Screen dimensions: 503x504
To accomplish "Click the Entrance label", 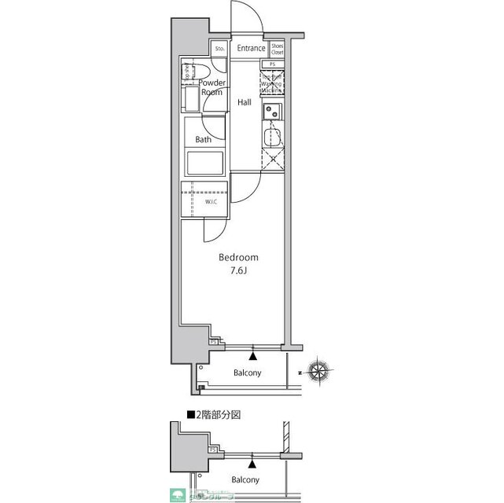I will click(252, 49).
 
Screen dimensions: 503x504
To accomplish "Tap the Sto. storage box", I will click(219, 49).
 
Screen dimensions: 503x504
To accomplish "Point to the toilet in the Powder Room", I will click(189, 73).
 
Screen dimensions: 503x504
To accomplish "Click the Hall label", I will click(245, 101).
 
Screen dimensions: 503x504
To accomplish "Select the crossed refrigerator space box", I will click(272, 160).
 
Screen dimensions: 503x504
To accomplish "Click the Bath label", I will click(203, 140).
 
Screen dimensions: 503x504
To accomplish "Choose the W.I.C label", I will click(211, 202).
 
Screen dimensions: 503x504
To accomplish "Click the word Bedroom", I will click(239, 257).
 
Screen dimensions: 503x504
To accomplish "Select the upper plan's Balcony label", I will click(248, 373).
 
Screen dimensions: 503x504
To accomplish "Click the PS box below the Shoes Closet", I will click(273, 64).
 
